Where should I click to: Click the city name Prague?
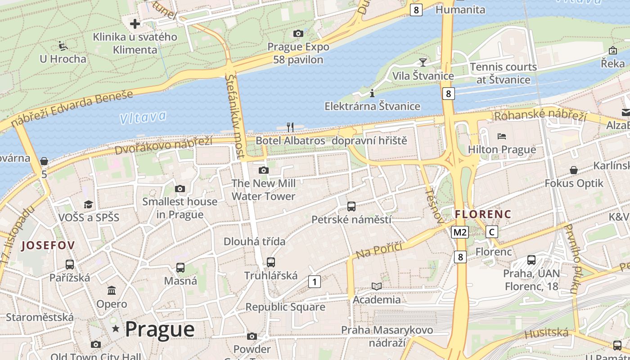tap(160, 329)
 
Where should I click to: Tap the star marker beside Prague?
tap(116, 329)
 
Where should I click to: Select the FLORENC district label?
tap(483, 214)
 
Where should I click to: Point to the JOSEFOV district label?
tap(48, 245)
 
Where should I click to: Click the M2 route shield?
tap(460, 232)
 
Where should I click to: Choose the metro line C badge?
tap(492, 232)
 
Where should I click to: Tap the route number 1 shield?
tap(314, 282)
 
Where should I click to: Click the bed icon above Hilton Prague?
tap(502, 136)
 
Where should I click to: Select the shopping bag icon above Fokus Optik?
tap(574, 170)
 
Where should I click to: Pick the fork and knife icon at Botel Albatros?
tap(290, 127)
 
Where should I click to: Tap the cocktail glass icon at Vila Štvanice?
tap(423, 62)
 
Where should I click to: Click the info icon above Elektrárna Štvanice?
tap(372, 94)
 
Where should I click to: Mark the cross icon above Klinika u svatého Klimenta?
tap(135, 23)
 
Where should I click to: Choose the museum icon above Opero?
tap(112, 290)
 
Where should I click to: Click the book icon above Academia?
tap(376, 286)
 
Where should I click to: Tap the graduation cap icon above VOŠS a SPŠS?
tap(88, 205)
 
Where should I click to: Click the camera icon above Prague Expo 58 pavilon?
tap(298, 33)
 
